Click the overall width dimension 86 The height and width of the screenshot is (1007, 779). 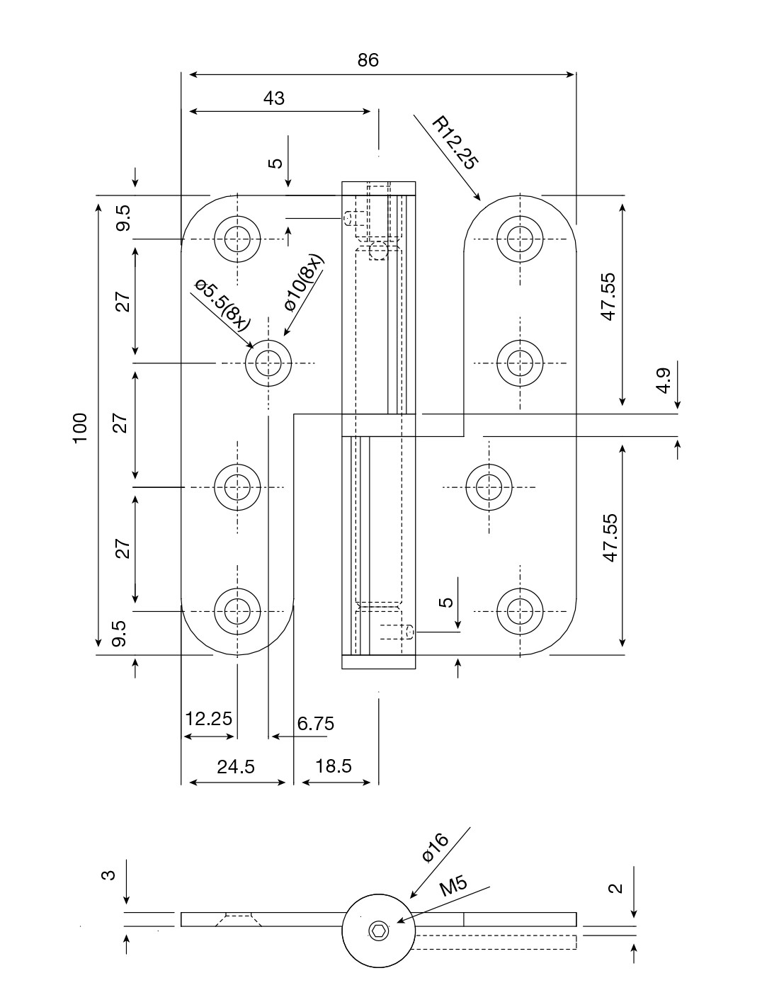coord(368,60)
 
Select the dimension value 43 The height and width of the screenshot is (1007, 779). coord(274,98)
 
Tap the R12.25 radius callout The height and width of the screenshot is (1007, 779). coord(455,143)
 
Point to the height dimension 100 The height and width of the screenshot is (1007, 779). coord(80,428)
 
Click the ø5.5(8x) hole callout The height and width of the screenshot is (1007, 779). coord(222,305)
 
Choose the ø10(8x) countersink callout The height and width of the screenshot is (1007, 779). coord(304,283)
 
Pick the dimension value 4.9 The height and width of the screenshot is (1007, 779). coord(664,380)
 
